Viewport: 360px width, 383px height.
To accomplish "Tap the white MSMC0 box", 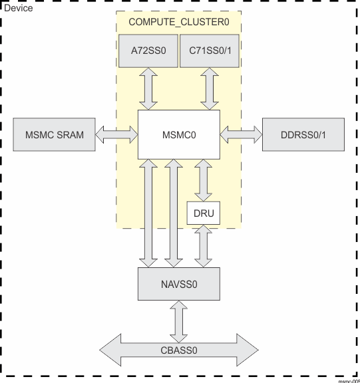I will (x=178, y=135).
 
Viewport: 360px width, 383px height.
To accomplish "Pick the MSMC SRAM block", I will (x=55, y=135).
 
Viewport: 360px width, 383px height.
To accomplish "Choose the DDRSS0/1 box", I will (x=303, y=135).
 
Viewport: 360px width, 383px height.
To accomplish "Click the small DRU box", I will (x=204, y=213).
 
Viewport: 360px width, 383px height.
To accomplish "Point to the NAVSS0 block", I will (x=178, y=284).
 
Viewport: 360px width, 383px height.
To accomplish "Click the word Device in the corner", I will (x=18, y=8).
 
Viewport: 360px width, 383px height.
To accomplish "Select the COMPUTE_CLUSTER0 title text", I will (x=178, y=22).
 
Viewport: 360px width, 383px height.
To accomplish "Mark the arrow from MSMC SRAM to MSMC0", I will (x=116, y=135).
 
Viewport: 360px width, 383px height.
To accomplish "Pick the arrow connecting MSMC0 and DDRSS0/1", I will (x=241, y=135).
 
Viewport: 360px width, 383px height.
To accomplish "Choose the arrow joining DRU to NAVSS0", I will (x=204, y=247).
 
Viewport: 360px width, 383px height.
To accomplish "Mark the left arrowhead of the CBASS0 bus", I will (x=110, y=348).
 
